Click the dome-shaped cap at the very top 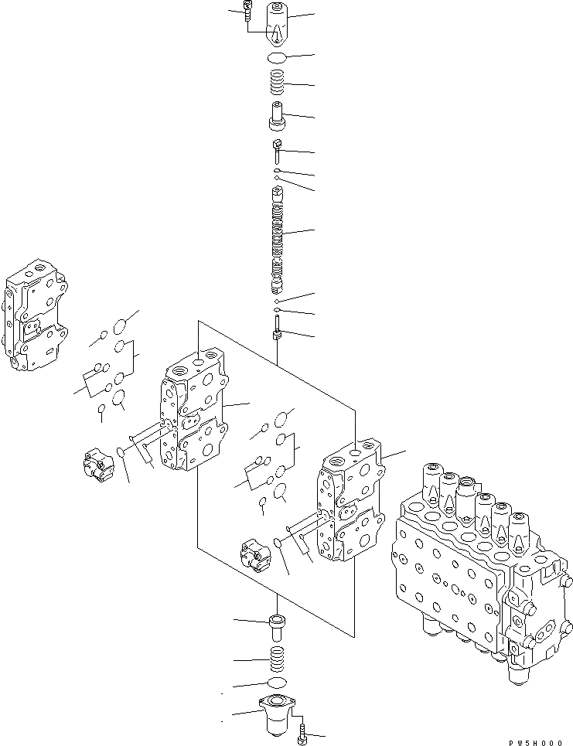pyautogui.click(x=277, y=23)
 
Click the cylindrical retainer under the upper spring pyautogui.click(x=277, y=117)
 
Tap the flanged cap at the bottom pyautogui.click(x=277, y=713)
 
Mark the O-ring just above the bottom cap pyautogui.click(x=276, y=683)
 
